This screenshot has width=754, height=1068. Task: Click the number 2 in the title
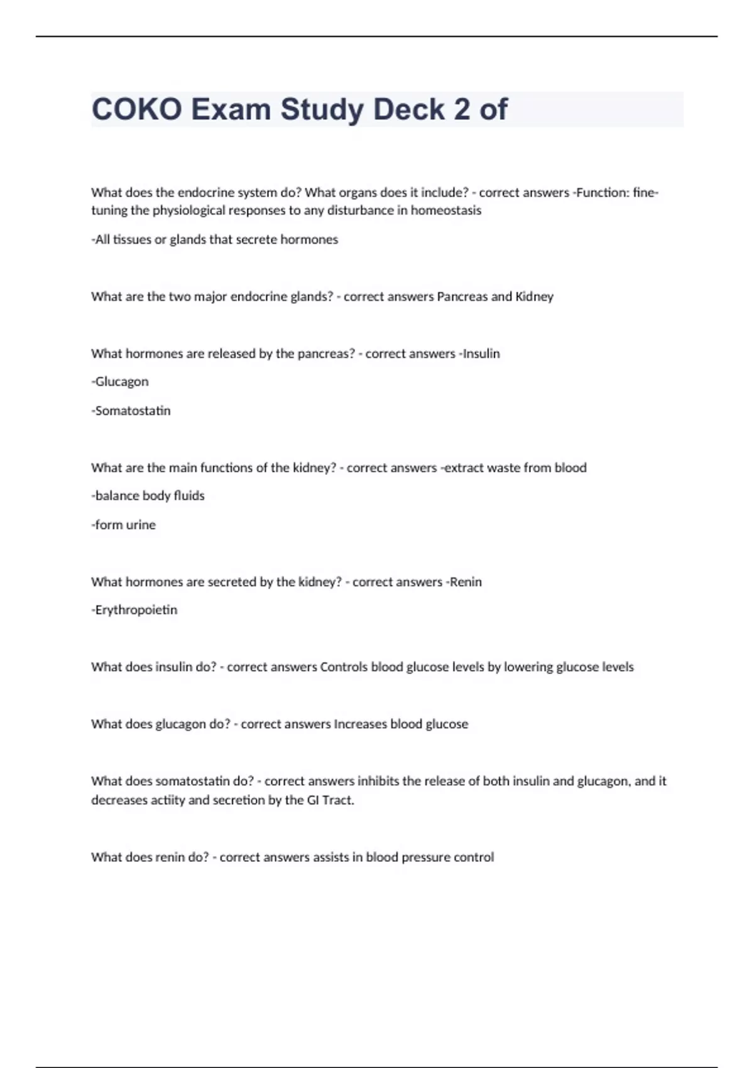pyautogui.click(x=461, y=109)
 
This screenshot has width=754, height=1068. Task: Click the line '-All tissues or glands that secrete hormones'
pyautogui.click(x=215, y=239)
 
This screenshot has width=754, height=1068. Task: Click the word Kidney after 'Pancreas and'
pyautogui.click(x=534, y=297)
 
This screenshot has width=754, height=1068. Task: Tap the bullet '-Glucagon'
pyautogui.click(x=120, y=382)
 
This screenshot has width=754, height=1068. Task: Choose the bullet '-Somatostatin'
pyautogui.click(x=131, y=411)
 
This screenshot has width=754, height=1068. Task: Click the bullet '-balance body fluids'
pyautogui.click(x=148, y=496)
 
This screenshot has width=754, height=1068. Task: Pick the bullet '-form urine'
pyautogui.click(x=124, y=525)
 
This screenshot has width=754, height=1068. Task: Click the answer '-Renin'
pyautogui.click(x=463, y=582)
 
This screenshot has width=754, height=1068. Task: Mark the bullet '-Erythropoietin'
pyautogui.click(x=134, y=610)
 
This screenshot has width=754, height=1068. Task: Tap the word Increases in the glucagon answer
pyautogui.click(x=360, y=724)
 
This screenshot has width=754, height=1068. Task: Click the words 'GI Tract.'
pyautogui.click(x=330, y=800)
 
